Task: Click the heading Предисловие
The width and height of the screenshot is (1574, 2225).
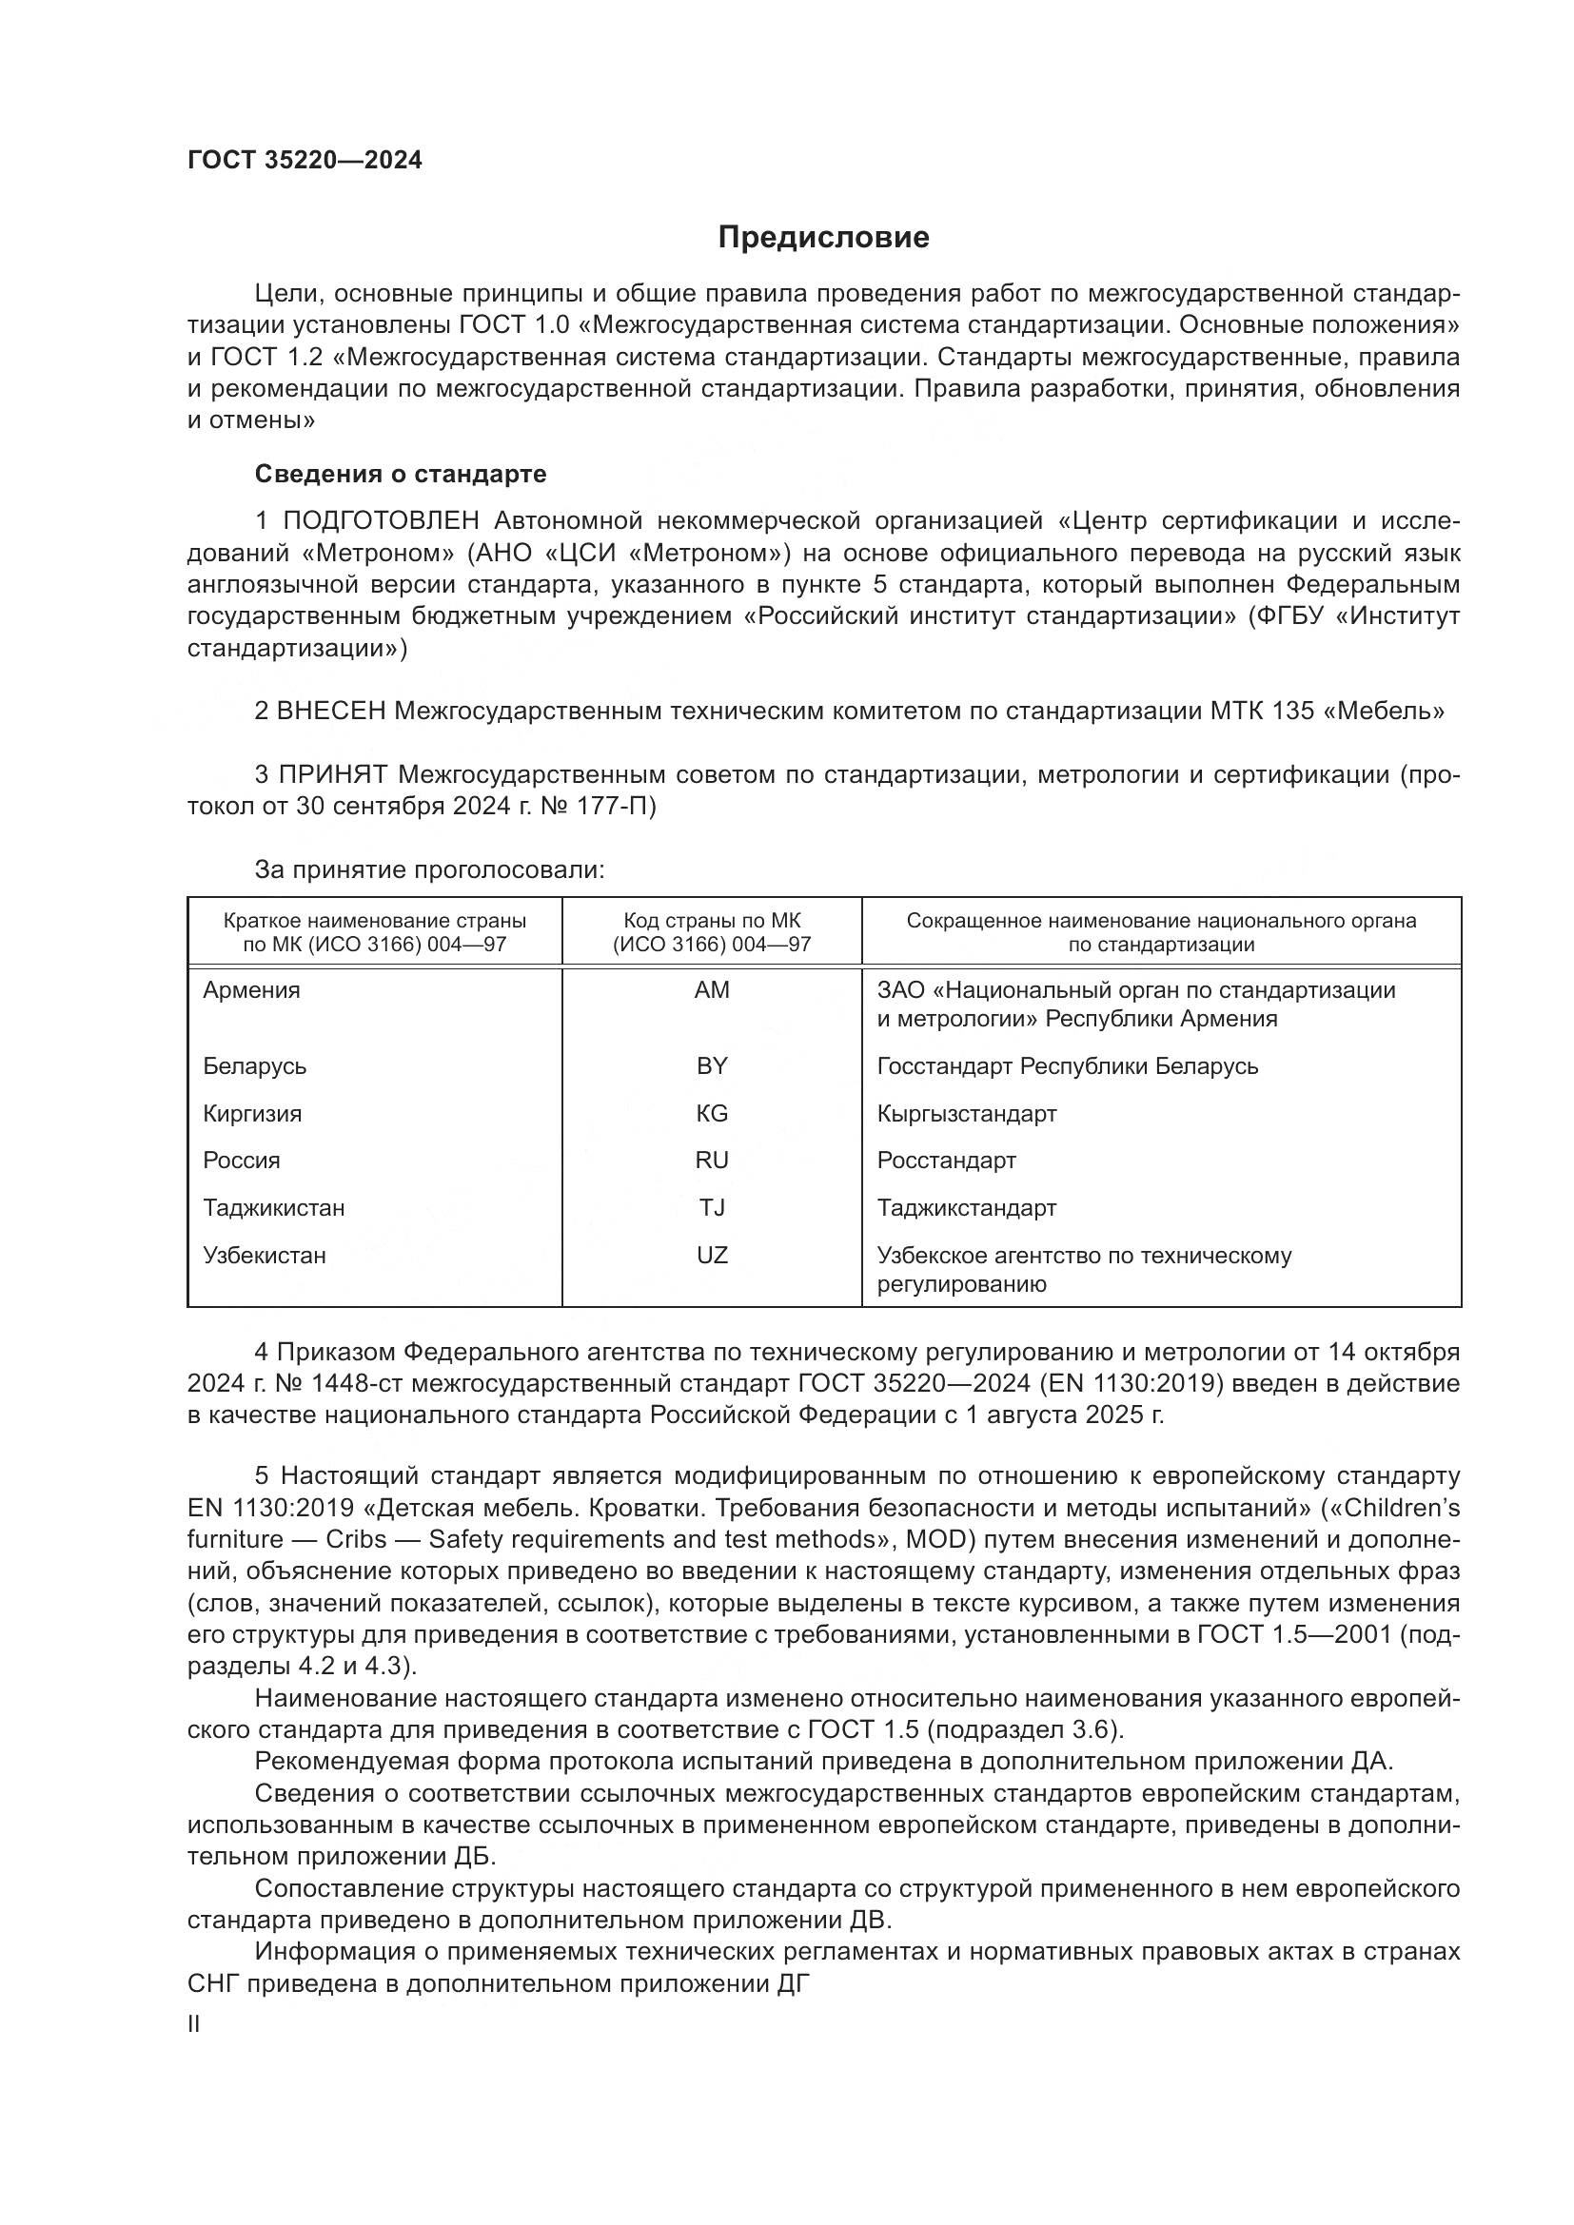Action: [823, 238]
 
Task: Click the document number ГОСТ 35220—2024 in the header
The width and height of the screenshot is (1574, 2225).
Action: [305, 161]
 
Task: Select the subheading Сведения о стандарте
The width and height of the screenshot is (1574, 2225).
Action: [401, 474]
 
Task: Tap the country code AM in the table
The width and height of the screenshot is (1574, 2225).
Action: [712, 990]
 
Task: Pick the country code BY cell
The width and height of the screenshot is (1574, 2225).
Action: [712, 1066]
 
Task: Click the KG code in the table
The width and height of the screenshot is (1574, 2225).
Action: [712, 1114]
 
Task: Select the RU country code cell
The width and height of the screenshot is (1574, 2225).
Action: [712, 1161]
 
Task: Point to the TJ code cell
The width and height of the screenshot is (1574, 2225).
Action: [712, 1208]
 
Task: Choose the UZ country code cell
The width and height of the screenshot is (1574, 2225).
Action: [712, 1256]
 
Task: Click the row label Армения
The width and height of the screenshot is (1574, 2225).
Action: [251, 990]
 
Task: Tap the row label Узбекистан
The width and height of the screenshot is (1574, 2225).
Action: [264, 1256]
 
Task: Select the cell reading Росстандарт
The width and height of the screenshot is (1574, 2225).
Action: [946, 1161]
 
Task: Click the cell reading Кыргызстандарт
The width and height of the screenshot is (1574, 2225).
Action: [966, 1114]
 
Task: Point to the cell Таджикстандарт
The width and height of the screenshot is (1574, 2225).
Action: [966, 1208]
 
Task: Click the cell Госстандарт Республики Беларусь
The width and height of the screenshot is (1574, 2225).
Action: [1067, 1066]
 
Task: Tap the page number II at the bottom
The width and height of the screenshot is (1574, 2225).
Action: [194, 2024]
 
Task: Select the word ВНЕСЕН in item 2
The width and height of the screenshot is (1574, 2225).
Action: [331, 712]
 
